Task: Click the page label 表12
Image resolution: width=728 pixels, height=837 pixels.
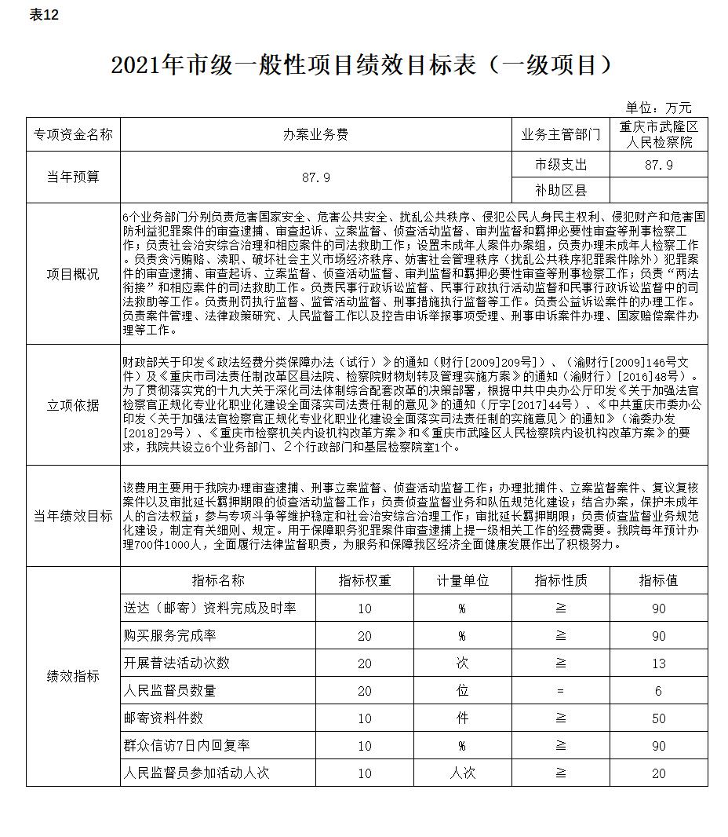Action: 44,16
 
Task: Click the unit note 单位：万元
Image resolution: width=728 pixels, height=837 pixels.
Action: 658,108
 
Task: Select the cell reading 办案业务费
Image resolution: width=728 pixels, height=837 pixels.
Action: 315,134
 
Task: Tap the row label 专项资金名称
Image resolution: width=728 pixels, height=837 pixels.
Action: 73,134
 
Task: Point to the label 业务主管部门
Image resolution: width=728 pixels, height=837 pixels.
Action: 560,134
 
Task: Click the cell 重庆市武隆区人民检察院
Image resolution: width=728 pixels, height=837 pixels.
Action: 658,134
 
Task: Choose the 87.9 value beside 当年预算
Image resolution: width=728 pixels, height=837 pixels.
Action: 315,177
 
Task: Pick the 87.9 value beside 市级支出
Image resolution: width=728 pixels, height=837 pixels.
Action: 658,165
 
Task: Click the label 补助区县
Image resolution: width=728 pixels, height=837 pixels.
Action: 560,190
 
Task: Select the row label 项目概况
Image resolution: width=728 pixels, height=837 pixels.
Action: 73,274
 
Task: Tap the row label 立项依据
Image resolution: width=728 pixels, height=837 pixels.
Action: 73,405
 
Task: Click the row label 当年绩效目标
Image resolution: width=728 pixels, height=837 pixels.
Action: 73,516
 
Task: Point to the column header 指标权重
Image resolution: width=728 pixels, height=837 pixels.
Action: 365,580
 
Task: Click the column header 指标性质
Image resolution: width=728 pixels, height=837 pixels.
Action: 560,580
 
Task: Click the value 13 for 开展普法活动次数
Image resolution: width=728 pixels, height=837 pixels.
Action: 658,663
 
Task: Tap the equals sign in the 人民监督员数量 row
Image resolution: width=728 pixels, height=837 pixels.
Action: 560,691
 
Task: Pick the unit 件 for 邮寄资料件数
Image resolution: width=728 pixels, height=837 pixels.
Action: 463,718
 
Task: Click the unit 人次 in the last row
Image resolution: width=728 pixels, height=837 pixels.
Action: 463,773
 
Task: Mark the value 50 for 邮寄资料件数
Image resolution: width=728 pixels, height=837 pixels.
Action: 658,718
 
